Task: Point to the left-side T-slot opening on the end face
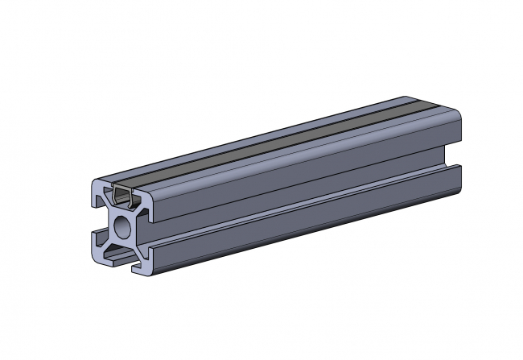(x=97, y=223)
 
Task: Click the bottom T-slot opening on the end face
(x=121, y=257)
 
